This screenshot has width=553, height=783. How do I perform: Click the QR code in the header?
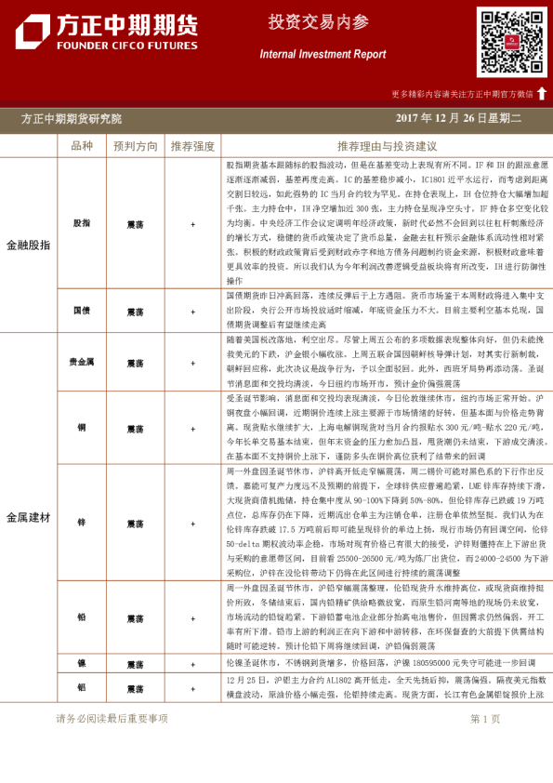(x=511, y=42)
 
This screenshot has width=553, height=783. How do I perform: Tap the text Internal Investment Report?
(x=322, y=55)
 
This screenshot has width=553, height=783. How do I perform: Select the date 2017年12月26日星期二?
(x=459, y=119)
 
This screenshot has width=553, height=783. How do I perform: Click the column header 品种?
(x=82, y=146)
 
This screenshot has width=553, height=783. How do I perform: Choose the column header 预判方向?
(x=135, y=146)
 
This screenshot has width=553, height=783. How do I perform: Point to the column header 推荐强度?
(x=192, y=146)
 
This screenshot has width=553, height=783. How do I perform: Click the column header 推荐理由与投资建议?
(x=387, y=146)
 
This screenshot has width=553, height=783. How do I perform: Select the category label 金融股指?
(x=29, y=245)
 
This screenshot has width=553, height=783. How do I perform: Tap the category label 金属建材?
(x=29, y=516)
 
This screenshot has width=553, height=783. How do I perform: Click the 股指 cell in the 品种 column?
(x=82, y=224)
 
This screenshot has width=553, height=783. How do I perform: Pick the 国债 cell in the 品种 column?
(x=82, y=311)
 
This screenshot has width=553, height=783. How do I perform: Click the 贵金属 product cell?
(x=82, y=363)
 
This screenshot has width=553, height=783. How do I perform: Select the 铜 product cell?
(x=82, y=428)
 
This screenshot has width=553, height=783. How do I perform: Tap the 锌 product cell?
(x=82, y=523)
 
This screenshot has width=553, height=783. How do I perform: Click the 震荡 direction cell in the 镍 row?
(x=135, y=665)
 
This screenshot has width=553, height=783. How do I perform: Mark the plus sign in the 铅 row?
(x=192, y=618)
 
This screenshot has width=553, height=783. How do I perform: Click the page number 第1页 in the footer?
(x=485, y=719)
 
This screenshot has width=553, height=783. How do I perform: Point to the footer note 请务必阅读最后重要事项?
(x=112, y=719)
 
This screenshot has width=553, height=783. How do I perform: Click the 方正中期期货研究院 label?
(x=72, y=119)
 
